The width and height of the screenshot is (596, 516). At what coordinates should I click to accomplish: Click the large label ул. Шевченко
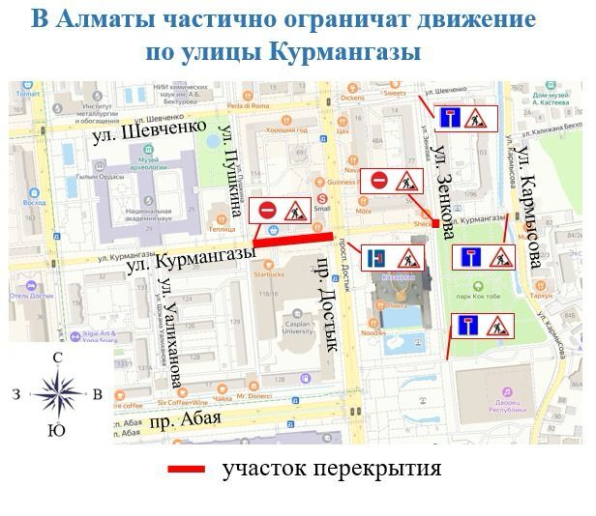[x=150, y=131]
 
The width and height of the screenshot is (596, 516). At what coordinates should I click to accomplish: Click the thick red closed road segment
[x=295, y=240]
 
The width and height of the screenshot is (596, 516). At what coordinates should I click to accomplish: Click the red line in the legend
[x=187, y=470]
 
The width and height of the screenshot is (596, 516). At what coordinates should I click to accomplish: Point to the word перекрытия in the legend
[x=383, y=470]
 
